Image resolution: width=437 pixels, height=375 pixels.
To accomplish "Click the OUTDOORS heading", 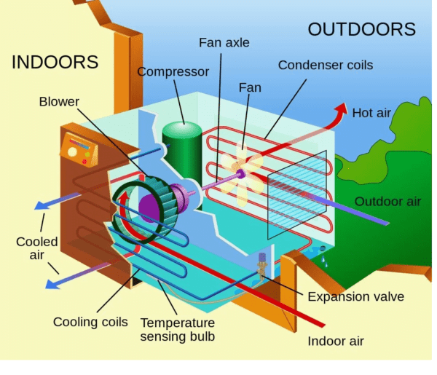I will coord(361,29).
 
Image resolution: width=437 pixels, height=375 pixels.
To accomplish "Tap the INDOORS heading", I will coord(55,63).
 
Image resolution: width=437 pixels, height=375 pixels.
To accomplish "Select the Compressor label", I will coord(173,72).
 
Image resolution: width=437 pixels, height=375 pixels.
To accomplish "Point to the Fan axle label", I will coord(224,43).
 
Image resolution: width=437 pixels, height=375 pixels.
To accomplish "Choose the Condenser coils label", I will coord(325,66).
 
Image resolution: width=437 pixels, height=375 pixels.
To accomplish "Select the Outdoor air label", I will coord(388,201).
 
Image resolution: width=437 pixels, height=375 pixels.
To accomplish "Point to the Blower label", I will coord(60,101).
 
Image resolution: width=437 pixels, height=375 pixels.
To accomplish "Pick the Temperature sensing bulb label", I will coord(178,329).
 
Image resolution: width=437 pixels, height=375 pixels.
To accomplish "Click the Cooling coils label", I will coord(90,322).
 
